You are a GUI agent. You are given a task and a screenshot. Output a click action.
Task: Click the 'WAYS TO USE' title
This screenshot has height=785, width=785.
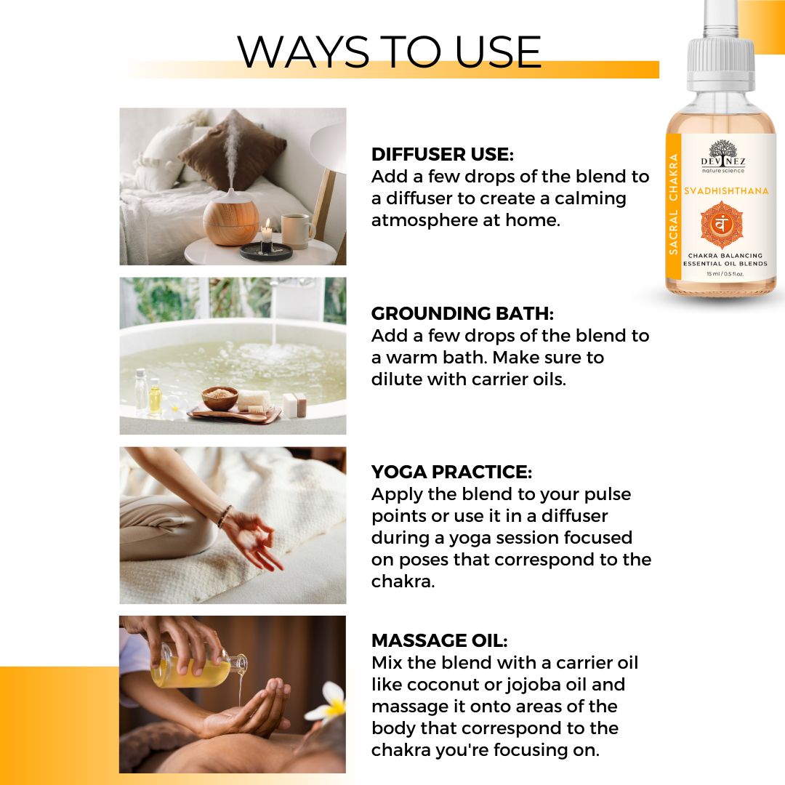tap(389, 52)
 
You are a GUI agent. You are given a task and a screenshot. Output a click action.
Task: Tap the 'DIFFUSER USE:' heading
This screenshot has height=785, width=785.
tap(443, 154)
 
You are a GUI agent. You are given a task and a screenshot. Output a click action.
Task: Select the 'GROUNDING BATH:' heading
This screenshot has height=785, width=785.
tap(462, 313)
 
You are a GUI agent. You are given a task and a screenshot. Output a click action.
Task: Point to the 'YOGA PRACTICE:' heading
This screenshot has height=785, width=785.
tap(451, 472)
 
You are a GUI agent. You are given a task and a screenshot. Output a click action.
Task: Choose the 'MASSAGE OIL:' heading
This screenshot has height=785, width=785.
tap(440, 640)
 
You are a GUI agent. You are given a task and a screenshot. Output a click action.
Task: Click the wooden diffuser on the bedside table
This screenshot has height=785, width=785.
tap(231, 217)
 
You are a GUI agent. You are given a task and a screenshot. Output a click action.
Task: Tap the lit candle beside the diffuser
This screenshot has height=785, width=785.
tap(266, 235)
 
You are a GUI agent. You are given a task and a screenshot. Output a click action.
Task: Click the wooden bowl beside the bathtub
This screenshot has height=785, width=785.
tap(220, 398)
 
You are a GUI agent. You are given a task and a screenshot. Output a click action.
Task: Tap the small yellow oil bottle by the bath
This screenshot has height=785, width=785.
tap(156, 398)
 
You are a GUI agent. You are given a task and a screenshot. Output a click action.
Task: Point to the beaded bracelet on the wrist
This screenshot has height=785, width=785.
tap(225, 517)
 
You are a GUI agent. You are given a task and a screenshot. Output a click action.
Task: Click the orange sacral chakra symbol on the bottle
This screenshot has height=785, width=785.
tap(722, 225)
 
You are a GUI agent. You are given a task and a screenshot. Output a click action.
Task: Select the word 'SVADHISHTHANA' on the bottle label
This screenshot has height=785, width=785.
tap(726, 190)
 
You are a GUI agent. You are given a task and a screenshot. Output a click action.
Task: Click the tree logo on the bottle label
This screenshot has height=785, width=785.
tap(723, 150)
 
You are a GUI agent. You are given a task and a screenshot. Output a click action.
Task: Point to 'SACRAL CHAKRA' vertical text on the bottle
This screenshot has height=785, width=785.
tap(673, 204)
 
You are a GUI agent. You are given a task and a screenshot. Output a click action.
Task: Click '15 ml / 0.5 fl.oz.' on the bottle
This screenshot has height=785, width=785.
tap(725, 274)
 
